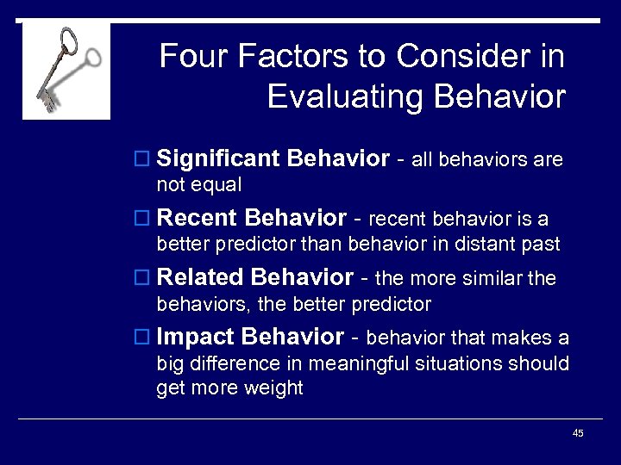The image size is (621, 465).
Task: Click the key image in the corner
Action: point(66,71)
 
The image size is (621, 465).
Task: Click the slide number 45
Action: point(578,433)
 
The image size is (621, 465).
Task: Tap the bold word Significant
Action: point(219,158)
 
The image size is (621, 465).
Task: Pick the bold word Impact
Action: point(199,337)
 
